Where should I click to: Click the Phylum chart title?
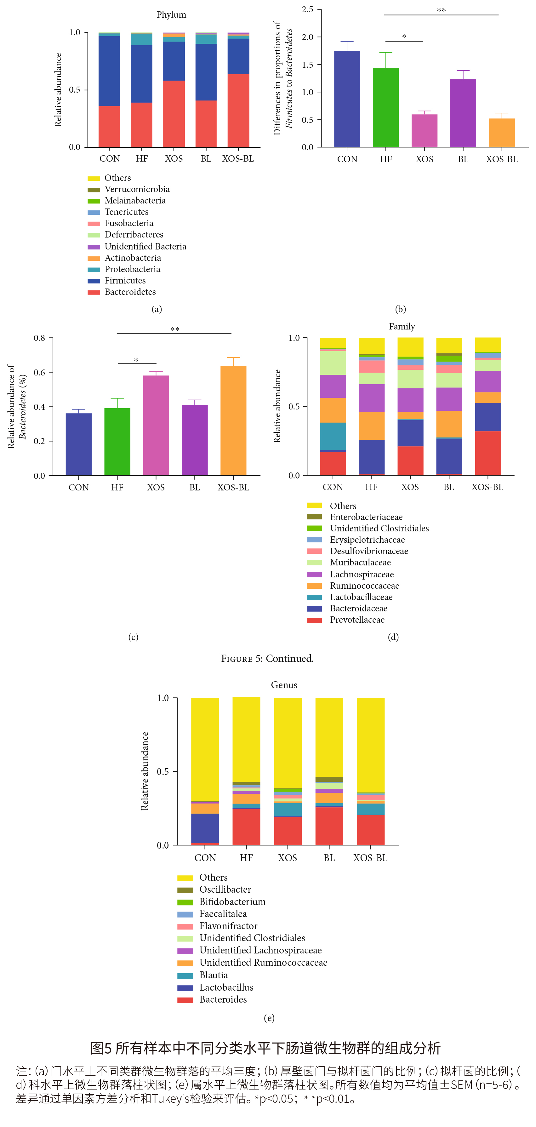171,15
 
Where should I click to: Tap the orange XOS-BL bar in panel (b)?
501,133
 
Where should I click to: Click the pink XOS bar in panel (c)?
156,425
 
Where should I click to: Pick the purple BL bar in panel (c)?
195,440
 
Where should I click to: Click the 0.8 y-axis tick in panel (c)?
39,338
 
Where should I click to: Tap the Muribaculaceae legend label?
360,563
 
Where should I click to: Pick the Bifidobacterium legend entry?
232,902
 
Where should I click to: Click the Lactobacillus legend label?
226,987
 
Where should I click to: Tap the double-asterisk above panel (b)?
441,10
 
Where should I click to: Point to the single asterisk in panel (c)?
136,360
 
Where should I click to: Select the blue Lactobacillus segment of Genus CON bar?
205,828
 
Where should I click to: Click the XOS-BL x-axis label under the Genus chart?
370,858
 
